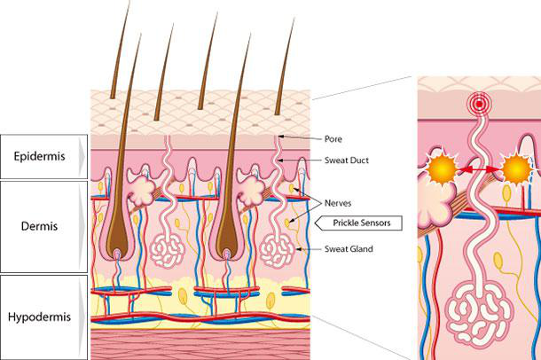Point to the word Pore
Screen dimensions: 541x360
tap(333, 139)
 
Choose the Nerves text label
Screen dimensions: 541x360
tap(339, 202)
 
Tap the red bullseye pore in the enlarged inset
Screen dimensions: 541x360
tap(480, 104)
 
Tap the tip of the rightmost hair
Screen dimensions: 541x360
tap(292, 20)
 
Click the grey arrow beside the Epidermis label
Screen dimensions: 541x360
tap(82, 157)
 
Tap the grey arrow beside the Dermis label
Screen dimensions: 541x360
tap(82, 226)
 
